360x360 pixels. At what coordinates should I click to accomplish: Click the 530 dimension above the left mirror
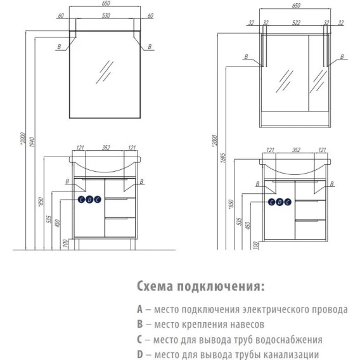(x=106, y=15)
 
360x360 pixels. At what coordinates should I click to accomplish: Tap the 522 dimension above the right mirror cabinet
(x=296, y=23)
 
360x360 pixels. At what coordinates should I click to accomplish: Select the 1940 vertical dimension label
(x=32, y=142)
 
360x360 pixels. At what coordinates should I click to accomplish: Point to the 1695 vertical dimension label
(x=223, y=158)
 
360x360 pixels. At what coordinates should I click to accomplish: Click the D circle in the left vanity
(x=89, y=200)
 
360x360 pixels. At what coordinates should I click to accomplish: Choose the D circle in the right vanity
(x=280, y=202)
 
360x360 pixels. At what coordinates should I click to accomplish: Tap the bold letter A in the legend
(x=139, y=309)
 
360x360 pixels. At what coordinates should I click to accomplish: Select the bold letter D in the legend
(x=140, y=354)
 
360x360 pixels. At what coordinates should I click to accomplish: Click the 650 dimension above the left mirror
(x=106, y=3)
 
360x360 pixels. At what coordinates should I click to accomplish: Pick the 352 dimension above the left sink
(x=106, y=148)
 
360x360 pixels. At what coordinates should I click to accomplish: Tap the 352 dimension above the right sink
(x=296, y=150)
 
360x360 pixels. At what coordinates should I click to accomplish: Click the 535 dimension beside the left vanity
(x=49, y=219)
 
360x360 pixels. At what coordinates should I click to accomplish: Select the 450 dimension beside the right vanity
(x=247, y=225)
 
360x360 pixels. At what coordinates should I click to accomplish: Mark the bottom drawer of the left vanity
(x=120, y=228)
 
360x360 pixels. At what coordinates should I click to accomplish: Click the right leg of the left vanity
(x=133, y=244)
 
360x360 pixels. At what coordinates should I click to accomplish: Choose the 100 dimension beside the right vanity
(x=255, y=245)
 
